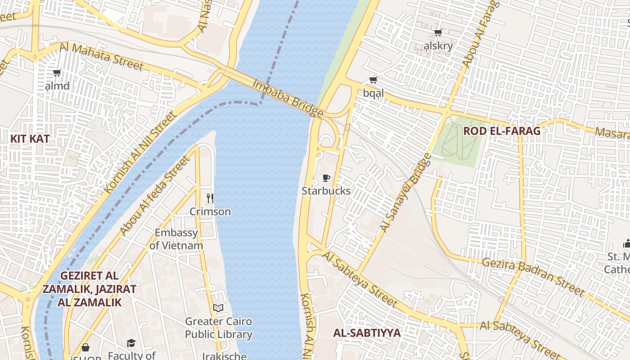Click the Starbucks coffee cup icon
tap(326, 178)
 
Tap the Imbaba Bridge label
tap(288, 98)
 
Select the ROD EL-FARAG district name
tap(502, 131)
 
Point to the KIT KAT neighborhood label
tap(30, 139)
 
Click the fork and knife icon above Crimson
tap(210, 198)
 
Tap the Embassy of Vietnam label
tap(176, 239)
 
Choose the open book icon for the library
tap(218, 308)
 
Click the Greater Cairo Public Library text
tap(219, 328)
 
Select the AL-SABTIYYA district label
tap(367, 333)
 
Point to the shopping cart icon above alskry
tap(438, 33)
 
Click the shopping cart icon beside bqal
tap(373, 80)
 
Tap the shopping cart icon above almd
tap(57, 72)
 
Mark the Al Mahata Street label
tap(101, 56)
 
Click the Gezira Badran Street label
tap(533, 277)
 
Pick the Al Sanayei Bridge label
tap(405, 193)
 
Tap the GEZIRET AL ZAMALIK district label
tap(89, 288)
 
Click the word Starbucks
tap(326, 191)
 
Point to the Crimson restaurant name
tap(210, 211)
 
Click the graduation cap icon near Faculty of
tap(131, 343)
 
